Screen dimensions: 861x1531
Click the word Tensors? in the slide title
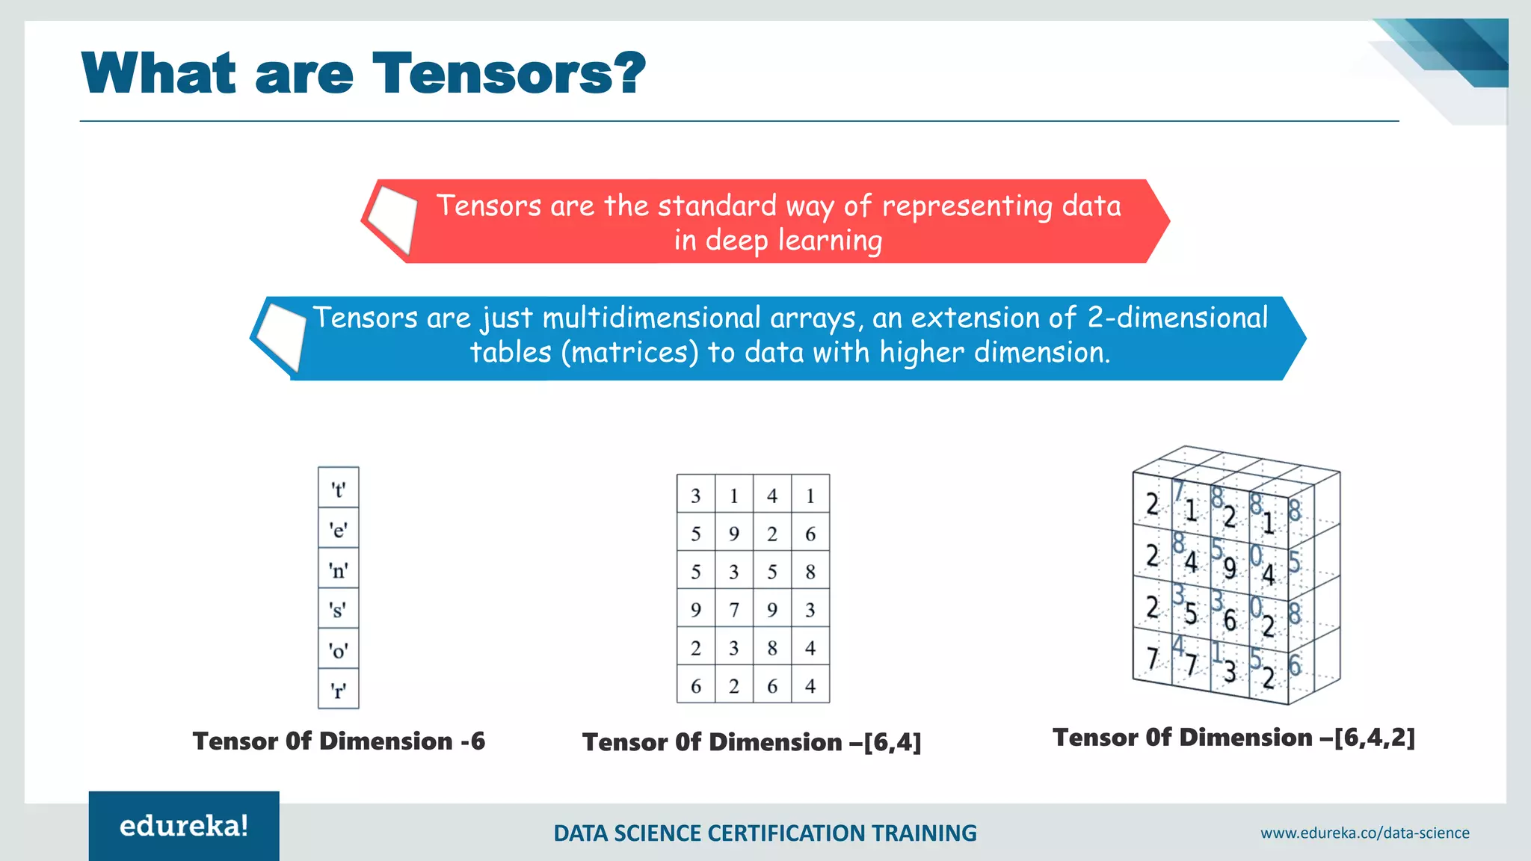tap(508, 73)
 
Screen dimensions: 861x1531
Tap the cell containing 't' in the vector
tap(339, 489)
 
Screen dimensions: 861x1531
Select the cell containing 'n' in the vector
tap(339, 570)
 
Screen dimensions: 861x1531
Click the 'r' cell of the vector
tap(339, 689)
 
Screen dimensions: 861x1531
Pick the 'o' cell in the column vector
tap(339, 649)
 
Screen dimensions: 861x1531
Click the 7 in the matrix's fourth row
tap(733, 610)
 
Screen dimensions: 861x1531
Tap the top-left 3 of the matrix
tap(695, 496)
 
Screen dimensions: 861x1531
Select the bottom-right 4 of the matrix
tap(810, 685)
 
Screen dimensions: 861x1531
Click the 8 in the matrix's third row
tap(810, 572)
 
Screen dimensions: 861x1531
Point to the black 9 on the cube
tap(1229, 569)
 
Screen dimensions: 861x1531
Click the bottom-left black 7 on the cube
tap(1152, 658)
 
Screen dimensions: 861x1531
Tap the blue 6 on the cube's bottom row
tap(1294, 665)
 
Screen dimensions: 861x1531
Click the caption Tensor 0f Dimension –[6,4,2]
tap(1233, 738)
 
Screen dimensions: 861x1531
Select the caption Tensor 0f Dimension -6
tap(339, 741)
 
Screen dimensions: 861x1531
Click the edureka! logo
tap(184, 826)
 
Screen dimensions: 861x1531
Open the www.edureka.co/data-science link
tap(1364, 833)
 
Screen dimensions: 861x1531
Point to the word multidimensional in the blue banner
tap(651, 318)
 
